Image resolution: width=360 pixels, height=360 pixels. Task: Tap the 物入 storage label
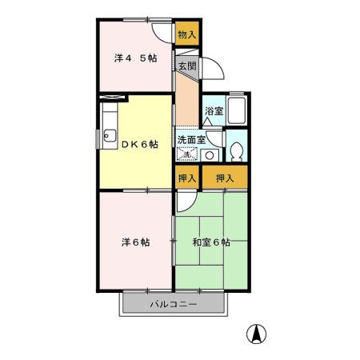click(186, 34)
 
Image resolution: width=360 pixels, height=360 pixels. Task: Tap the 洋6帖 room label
click(134, 242)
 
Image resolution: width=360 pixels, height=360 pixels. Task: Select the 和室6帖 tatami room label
click(211, 242)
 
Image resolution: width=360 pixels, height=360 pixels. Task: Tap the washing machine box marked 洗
click(186, 154)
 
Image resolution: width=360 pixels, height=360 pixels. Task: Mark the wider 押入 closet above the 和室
click(225, 178)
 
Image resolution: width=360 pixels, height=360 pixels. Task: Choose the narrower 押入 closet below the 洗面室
click(186, 178)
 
